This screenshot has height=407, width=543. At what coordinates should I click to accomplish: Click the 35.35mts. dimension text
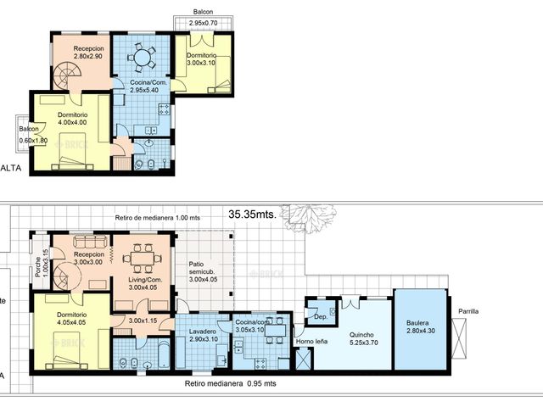(x=253, y=215)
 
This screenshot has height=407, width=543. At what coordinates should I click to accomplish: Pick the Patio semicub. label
(x=203, y=274)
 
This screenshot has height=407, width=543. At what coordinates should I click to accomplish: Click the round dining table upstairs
(x=143, y=58)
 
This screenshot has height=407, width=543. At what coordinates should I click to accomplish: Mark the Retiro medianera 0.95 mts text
(x=229, y=384)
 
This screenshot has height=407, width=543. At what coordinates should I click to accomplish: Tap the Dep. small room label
(x=321, y=315)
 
